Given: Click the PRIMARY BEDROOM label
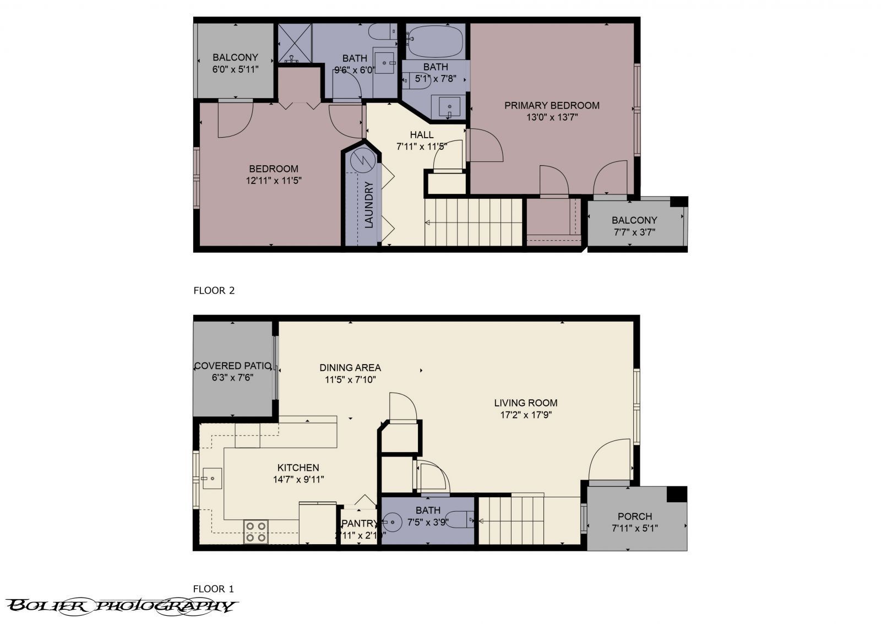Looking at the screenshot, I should point(552,106).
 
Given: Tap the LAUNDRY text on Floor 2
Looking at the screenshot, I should point(369,205).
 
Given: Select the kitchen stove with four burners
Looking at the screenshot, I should point(256,531).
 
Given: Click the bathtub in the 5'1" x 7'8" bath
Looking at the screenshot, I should point(435,41).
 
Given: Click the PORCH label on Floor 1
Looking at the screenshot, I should point(634,517).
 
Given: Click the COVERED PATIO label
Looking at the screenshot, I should point(232,366).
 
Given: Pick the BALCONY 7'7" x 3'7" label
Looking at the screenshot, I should point(634,220).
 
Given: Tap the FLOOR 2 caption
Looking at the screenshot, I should point(214,290).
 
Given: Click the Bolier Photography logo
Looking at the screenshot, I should point(121,606).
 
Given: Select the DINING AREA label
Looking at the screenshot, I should point(350,367).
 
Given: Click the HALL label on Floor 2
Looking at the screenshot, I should point(421,135).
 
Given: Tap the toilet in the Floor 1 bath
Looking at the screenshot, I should point(460,519).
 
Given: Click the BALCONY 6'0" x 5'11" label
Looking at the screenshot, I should point(235,57).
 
